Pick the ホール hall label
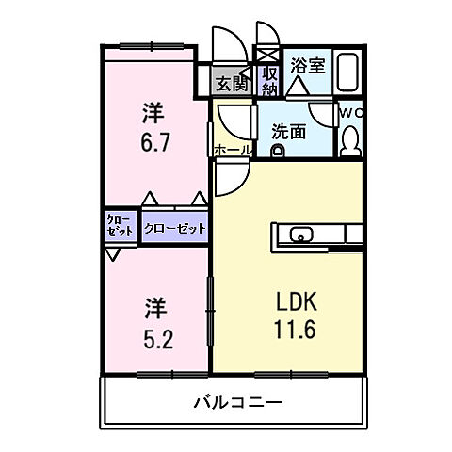233,151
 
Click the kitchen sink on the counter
303,234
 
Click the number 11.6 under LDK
294,331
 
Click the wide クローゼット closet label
175,228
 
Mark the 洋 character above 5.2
155,306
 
